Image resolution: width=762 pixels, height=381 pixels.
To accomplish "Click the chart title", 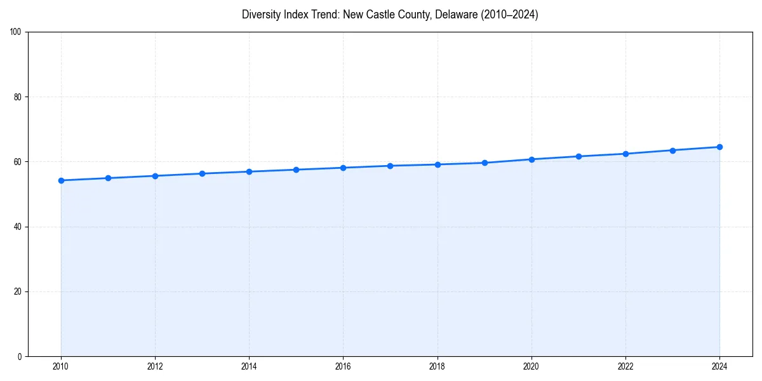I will coord(390,15).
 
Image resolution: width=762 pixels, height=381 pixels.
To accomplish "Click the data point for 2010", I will coord(61,180).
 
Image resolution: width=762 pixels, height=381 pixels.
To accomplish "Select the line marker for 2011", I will coord(108,178).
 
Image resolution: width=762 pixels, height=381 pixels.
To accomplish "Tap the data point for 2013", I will coord(202,173).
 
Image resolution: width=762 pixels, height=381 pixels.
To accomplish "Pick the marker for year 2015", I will coord(296,170).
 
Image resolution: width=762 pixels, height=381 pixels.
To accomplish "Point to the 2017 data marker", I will coord(390,166).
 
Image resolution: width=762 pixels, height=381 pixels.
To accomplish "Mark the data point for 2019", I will coord(485,163).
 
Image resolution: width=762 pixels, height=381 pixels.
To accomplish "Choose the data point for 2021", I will coord(578,156).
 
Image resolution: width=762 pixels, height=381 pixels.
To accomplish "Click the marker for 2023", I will coord(672,150).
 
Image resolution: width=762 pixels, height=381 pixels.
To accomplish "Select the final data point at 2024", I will coord(719,147).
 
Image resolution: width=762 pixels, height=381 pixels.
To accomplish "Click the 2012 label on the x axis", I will coord(155,366).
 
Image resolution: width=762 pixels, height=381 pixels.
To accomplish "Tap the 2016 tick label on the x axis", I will coord(343,366).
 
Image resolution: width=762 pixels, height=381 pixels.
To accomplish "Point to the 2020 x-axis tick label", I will coord(531,366).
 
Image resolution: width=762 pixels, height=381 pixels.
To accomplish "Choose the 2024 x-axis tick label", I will coord(719,366).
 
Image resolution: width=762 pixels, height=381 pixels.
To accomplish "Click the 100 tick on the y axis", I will coord(17,32).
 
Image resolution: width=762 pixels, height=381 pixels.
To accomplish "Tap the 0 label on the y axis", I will coord(20,356).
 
